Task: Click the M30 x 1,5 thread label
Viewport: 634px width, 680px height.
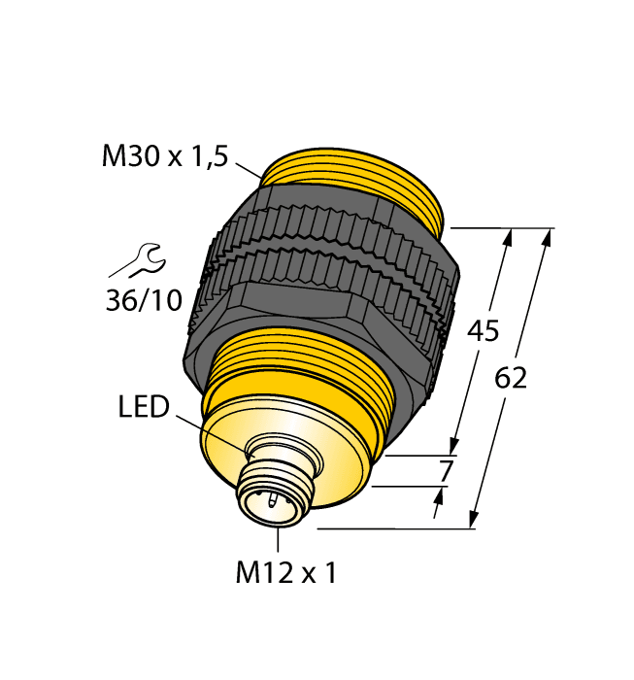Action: click(164, 156)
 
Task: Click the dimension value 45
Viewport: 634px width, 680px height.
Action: click(483, 331)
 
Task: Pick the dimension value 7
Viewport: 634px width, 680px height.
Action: click(446, 471)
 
